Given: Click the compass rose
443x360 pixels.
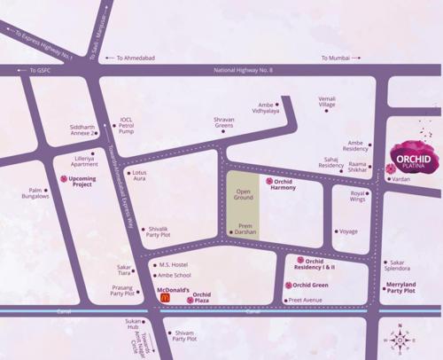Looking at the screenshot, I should [x=400, y=339].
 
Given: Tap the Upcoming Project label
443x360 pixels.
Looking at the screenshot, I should [x=82, y=181].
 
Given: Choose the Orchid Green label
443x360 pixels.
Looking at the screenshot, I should [x=310, y=285].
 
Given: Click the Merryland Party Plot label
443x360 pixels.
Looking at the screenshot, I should [x=400, y=287].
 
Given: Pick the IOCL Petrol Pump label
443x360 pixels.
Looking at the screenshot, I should [x=127, y=125].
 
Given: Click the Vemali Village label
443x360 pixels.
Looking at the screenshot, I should [x=327, y=101].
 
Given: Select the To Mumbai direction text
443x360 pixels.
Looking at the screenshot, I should [x=338, y=58].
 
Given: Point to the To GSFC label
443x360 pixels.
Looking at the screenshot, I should [x=41, y=70].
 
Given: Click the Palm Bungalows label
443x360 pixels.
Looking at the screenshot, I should [x=36, y=193].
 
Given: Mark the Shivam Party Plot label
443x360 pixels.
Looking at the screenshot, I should [x=184, y=336].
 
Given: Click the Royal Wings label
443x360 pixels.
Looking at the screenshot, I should [x=358, y=196].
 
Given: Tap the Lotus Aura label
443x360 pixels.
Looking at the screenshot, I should [x=140, y=176].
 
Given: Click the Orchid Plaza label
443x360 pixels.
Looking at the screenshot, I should [x=202, y=297].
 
